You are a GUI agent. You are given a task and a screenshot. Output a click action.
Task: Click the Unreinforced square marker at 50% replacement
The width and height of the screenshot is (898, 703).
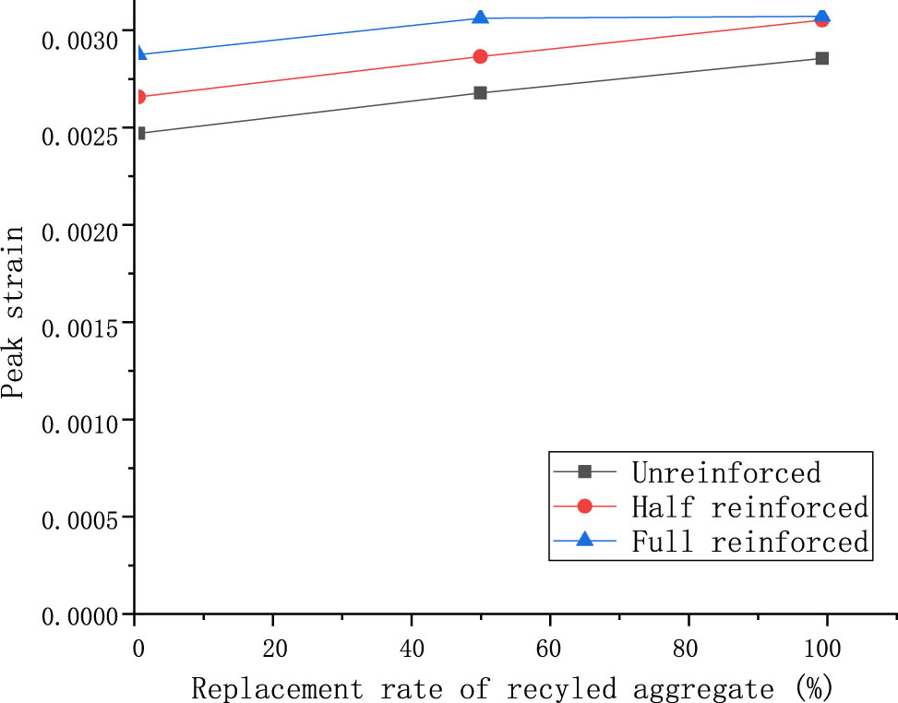pos(480,93)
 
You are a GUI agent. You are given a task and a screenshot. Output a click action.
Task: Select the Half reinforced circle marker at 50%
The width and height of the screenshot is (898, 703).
pos(480,56)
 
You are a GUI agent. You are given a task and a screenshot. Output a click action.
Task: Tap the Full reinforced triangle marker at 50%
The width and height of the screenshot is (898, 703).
pos(480,18)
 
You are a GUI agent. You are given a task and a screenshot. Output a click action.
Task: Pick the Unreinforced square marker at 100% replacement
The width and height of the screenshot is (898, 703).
pos(822,58)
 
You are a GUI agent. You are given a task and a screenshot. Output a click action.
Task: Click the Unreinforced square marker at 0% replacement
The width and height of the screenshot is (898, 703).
pos(139,133)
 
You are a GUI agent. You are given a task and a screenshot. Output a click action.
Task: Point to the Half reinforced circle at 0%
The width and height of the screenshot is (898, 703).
pos(138,97)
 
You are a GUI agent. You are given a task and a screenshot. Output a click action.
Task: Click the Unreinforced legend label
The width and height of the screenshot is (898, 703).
pos(725,473)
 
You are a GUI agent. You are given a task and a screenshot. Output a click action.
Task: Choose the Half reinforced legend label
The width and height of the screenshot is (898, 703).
pos(749,506)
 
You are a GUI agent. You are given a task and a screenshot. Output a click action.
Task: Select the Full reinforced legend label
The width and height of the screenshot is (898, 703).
pos(749,541)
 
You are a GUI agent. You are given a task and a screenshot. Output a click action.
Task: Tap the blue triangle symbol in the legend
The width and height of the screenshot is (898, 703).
pos(584,541)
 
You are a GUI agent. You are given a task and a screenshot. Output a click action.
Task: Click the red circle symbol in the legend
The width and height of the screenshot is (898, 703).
pos(584,506)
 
